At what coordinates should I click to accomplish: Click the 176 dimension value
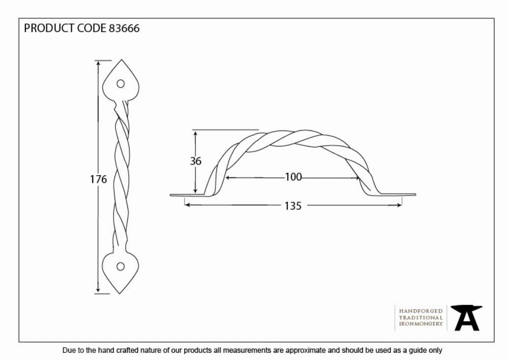tap(98, 179)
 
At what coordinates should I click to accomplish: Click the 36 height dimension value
tap(196, 161)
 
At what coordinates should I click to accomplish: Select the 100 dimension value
tap(294, 177)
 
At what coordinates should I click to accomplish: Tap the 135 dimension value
tap(293, 206)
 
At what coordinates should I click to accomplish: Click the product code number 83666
tap(124, 28)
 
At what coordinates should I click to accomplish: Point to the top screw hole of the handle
tap(121, 84)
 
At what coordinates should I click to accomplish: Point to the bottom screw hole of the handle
tap(121, 267)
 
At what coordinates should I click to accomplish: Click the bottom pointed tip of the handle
tap(120, 293)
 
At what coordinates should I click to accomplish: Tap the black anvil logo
tap(466, 318)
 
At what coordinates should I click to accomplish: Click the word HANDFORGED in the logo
tap(421, 311)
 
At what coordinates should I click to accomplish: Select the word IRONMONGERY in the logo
tap(421, 324)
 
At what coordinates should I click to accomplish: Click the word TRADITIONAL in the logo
tap(421, 317)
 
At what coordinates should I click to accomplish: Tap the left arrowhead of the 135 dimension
tap(187, 205)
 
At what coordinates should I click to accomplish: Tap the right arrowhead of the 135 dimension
tap(399, 205)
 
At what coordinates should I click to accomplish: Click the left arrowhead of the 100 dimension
tap(228, 178)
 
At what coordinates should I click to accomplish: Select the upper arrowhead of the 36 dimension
tap(195, 133)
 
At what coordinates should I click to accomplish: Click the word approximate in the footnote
tap(305, 351)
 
